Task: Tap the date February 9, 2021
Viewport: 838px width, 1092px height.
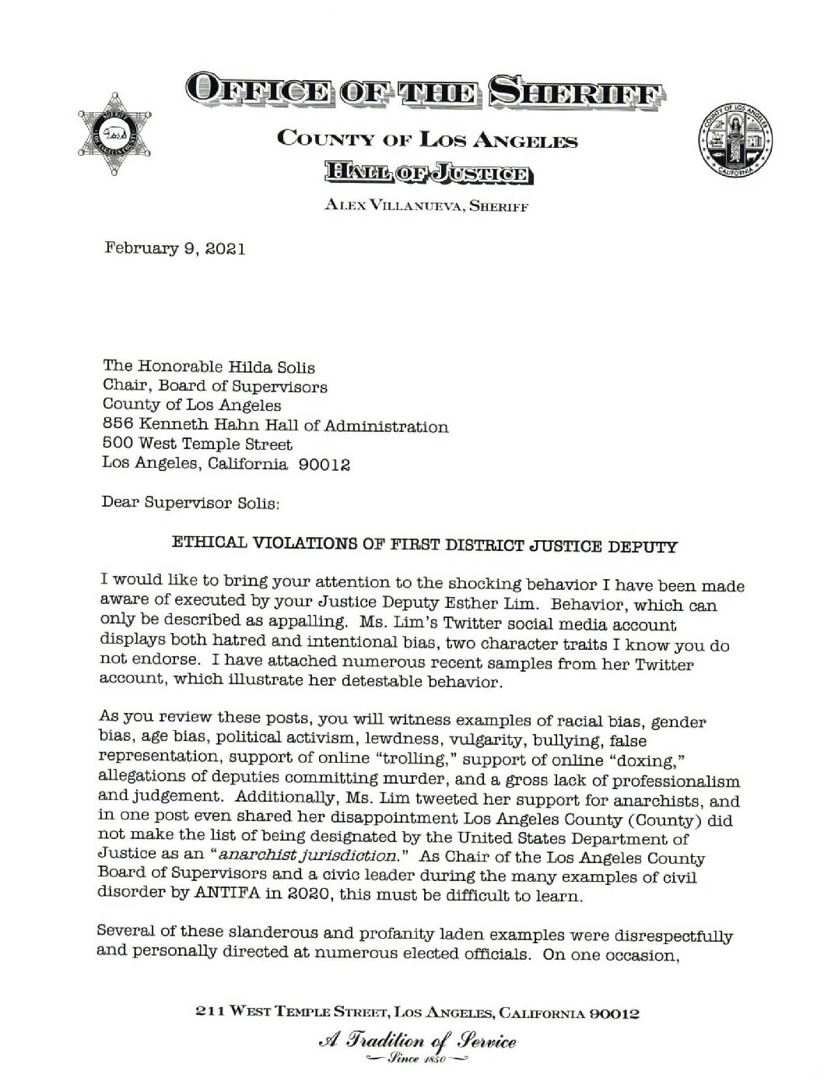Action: pos(175,250)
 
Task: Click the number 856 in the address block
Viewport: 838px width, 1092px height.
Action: pos(117,426)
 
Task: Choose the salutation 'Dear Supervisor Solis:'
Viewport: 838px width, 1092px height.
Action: pos(190,503)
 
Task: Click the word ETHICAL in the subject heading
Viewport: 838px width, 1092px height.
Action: pos(209,543)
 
